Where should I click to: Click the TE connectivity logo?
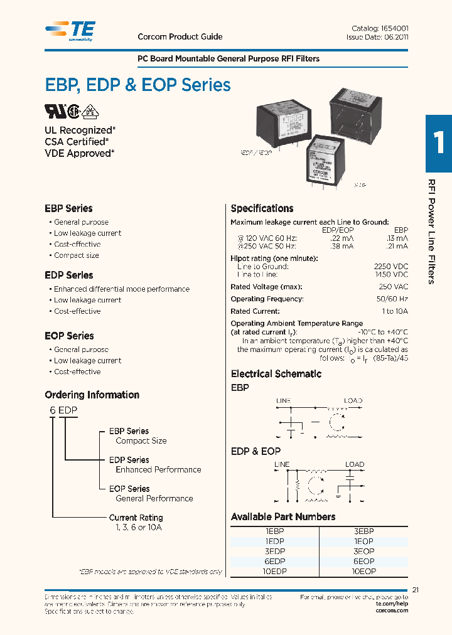coord(70,30)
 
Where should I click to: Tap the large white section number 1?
coord(438,142)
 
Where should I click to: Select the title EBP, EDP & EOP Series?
coord(137,85)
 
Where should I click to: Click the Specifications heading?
coord(262,208)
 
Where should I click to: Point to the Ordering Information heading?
coord(92,395)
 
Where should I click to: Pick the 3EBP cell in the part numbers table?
coord(364,531)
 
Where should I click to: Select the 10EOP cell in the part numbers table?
coord(364,572)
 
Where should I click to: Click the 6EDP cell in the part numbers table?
coord(275,562)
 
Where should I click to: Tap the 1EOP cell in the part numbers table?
coord(364,541)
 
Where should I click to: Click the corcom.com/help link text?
coord(392,611)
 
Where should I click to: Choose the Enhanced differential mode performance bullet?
coord(122,289)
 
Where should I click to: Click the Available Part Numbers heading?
coord(283,517)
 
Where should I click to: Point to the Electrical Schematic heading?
coord(276,374)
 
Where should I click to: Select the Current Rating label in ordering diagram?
coord(136,518)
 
